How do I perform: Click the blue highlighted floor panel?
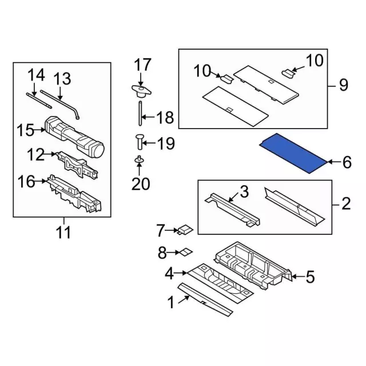[x=293, y=153]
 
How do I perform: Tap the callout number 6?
[x=347, y=162]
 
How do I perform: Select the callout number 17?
[x=142, y=65]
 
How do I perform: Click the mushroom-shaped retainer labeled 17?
[x=141, y=91]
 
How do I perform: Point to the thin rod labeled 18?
[x=140, y=113]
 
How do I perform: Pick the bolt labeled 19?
[x=140, y=142]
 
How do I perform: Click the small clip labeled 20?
[x=139, y=160]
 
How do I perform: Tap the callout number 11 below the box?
[x=63, y=233]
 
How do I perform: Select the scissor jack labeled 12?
[x=77, y=165]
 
